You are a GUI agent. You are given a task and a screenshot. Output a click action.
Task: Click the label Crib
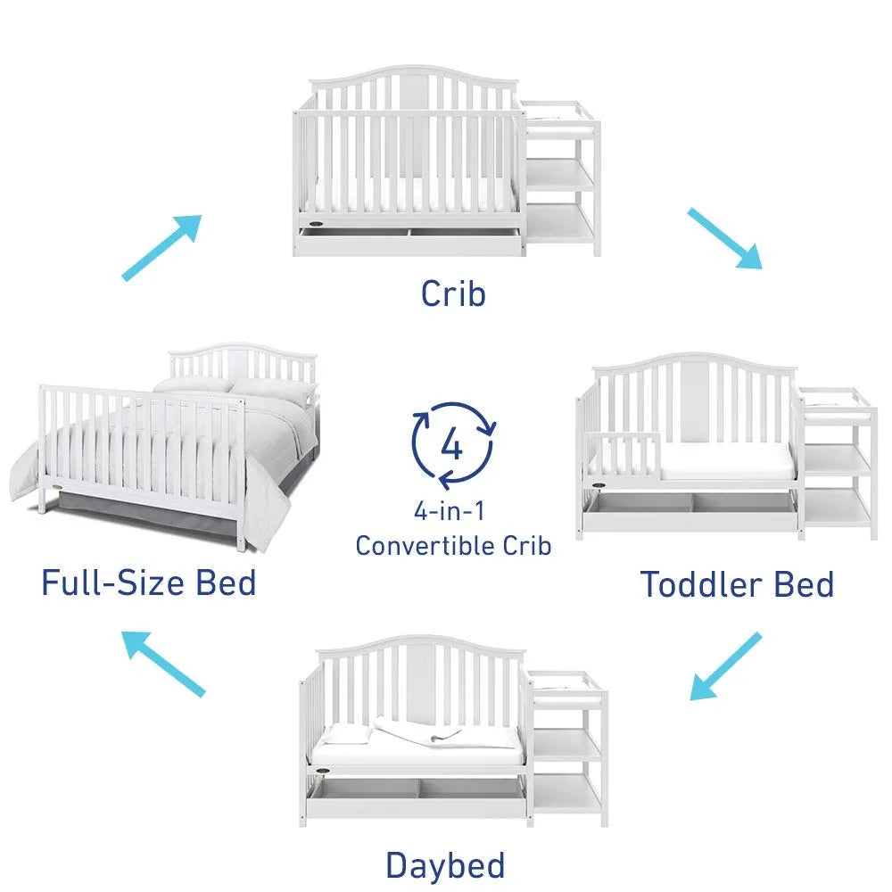[x=453, y=293]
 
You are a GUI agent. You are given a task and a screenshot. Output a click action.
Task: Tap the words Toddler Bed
[x=737, y=585]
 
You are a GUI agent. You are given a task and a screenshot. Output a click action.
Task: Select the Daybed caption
[x=445, y=864]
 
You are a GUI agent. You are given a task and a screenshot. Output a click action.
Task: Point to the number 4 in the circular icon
[x=453, y=444]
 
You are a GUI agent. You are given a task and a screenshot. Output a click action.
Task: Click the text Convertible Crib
[x=453, y=545]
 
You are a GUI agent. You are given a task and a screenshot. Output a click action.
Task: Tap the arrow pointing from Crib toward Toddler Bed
[x=724, y=238]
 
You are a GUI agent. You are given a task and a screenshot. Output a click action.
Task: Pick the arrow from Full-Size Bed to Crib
[x=161, y=247]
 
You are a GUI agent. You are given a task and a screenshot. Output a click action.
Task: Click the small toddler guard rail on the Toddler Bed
[x=628, y=454]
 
